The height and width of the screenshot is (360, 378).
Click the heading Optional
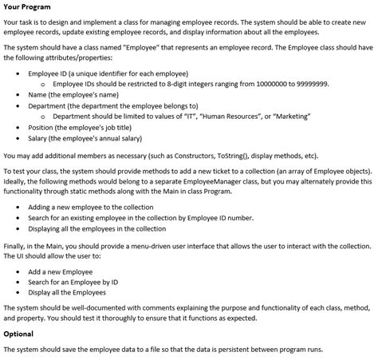point(18,333)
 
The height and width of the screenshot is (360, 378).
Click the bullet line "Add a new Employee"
point(60,271)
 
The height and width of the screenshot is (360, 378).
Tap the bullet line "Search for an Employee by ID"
point(73,281)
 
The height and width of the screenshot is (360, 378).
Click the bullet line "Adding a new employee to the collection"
point(90,206)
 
